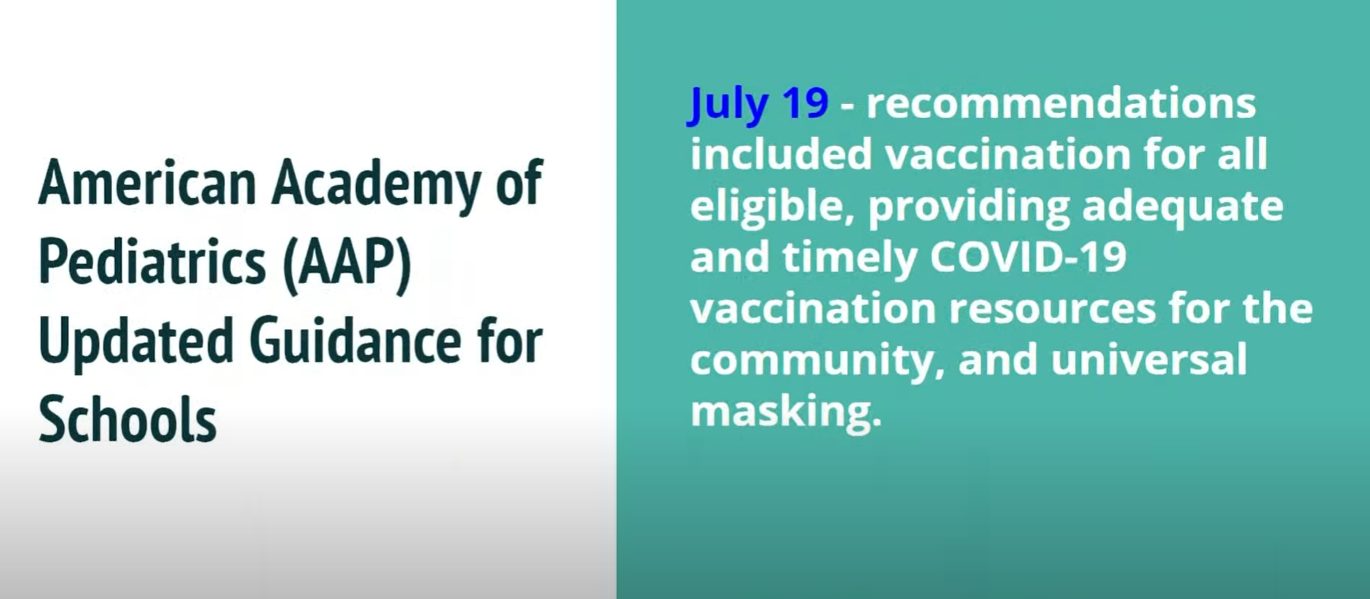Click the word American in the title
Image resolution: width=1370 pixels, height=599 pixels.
tap(146, 182)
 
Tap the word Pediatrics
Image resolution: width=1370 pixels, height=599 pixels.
tap(151, 262)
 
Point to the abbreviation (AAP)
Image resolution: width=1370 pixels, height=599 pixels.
tap(347, 262)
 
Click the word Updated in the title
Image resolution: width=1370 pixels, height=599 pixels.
tap(135, 341)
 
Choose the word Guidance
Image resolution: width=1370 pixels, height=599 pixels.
tap(355, 341)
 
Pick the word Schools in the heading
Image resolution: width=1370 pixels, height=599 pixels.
tap(127, 420)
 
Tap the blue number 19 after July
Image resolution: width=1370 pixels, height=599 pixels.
tap(805, 103)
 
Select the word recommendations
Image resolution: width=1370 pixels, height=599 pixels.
tap(1060, 103)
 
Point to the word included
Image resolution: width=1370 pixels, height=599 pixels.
tap(781, 154)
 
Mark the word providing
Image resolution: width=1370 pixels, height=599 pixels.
tap(968, 206)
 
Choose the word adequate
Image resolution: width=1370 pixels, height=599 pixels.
tap(1182, 206)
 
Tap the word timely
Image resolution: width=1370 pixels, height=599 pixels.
tap(849, 257)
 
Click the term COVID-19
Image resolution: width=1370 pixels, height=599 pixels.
tap(1028, 257)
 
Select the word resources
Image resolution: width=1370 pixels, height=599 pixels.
tap(1052, 309)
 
